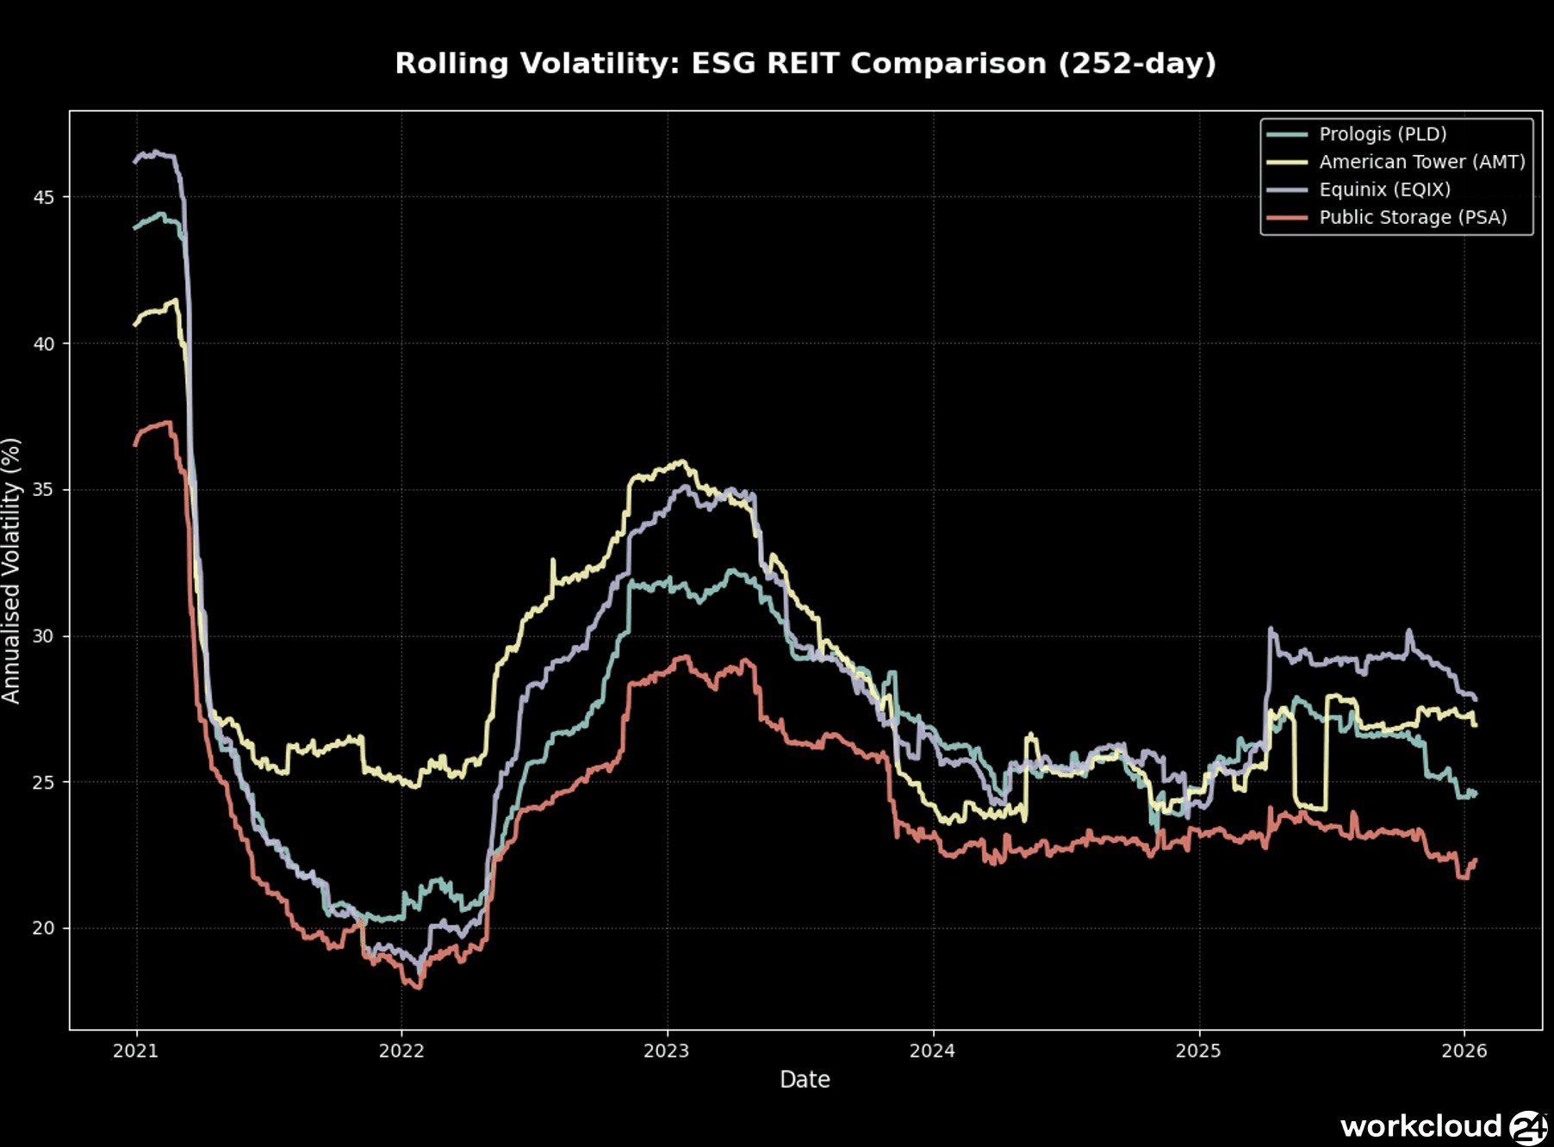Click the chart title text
click(805, 64)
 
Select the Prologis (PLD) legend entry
click(1382, 134)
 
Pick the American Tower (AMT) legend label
click(1421, 162)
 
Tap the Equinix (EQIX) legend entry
click(1384, 189)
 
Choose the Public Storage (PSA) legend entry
click(1413, 217)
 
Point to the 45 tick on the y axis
click(43, 198)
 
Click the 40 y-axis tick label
click(43, 344)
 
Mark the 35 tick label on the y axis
click(43, 490)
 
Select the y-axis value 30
click(43, 636)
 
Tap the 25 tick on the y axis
click(43, 783)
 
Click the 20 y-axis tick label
click(43, 928)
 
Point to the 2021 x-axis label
click(136, 1051)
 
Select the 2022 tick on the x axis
click(401, 1051)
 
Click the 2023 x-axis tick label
click(667, 1051)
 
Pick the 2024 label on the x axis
click(933, 1051)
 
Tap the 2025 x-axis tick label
click(1198, 1051)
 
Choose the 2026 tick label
click(1464, 1051)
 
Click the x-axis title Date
click(805, 1080)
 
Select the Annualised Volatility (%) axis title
click(11, 570)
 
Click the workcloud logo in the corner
click(1443, 1126)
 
